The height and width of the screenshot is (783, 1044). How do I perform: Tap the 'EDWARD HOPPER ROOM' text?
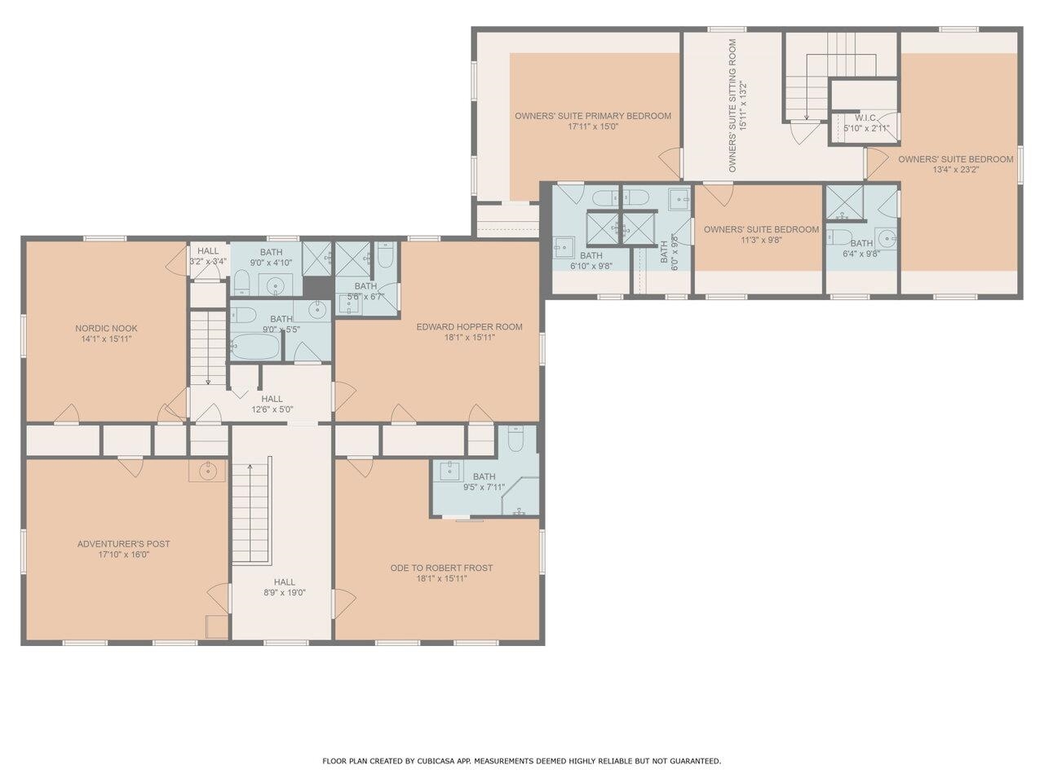coord(469,327)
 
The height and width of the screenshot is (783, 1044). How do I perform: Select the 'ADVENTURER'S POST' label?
coord(123,544)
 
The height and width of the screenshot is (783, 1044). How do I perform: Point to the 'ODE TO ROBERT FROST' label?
coord(441,568)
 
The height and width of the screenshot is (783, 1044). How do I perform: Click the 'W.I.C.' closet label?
coord(865,117)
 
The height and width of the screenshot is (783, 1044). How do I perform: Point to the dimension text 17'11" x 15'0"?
coord(593,126)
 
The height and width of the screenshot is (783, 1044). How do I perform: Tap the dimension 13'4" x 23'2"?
coord(955,170)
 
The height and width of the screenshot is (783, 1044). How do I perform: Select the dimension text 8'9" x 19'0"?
coord(284,593)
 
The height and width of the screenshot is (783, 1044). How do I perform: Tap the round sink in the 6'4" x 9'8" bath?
coord(885,240)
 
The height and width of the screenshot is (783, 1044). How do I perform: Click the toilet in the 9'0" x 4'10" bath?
coord(241,283)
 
